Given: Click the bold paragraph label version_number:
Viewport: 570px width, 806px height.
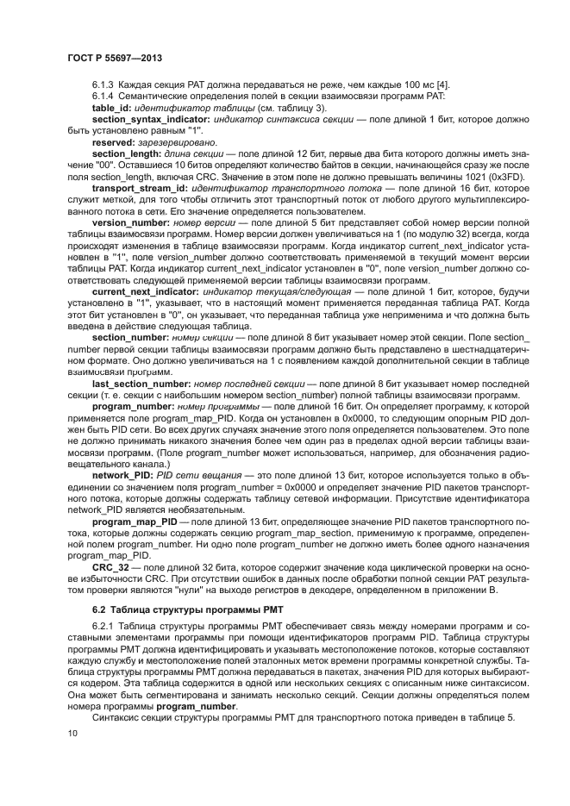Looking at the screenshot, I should pos(130,222).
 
